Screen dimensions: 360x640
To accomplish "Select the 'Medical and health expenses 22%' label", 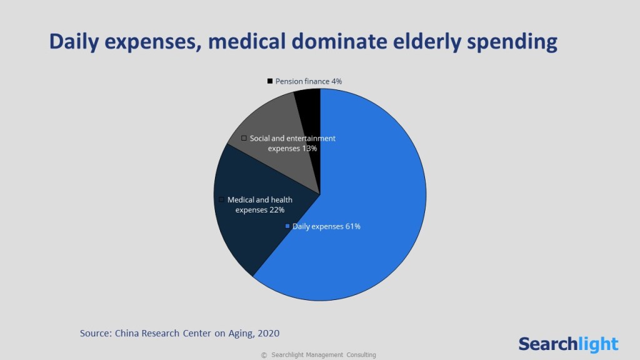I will (259, 205).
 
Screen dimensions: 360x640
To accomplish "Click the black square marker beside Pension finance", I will (270, 81).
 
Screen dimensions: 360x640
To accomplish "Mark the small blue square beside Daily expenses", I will (287, 226).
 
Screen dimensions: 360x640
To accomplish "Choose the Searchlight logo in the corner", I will (567, 343).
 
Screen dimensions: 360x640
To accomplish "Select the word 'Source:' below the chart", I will (96, 333).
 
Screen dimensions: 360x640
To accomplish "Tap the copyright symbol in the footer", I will (264, 355).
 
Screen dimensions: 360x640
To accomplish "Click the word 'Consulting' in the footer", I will (360, 355).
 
